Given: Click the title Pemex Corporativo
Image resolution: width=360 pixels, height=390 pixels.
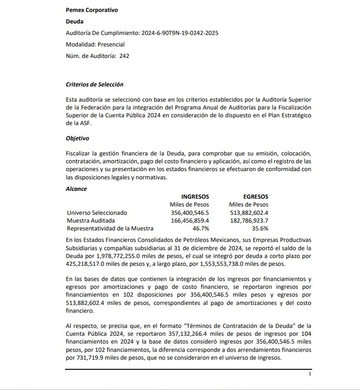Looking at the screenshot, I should [x=92, y=10].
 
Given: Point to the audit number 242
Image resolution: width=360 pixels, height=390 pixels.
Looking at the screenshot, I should [x=124, y=56].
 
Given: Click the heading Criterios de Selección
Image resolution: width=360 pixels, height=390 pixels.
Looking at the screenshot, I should [x=94, y=85].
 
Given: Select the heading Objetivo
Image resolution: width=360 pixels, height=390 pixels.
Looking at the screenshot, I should [x=77, y=138].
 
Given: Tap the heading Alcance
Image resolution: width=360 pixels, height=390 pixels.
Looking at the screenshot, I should [x=76, y=189].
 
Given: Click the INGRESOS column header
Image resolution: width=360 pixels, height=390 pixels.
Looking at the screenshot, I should [x=195, y=196].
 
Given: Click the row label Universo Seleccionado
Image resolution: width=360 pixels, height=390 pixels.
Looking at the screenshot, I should [x=97, y=213].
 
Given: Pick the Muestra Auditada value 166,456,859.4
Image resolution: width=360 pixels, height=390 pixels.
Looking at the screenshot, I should [x=190, y=221].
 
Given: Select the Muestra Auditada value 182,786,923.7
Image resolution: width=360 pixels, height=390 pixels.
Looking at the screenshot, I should [x=249, y=221].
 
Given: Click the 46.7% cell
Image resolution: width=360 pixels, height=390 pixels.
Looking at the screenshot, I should [x=201, y=229].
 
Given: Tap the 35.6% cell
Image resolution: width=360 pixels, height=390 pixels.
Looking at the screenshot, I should [x=260, y=229].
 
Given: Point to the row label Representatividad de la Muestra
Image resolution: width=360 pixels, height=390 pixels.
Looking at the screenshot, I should [x=110, y=229].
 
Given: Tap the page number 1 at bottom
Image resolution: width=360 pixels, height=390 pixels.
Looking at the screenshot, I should [x=310, y=374].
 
